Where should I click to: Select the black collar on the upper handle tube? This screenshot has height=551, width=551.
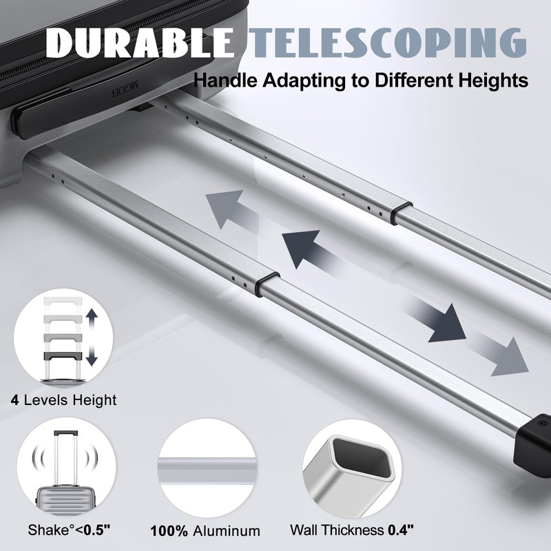(x=402, y=210)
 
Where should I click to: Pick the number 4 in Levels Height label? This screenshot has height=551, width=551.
(x=14, y=399)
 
